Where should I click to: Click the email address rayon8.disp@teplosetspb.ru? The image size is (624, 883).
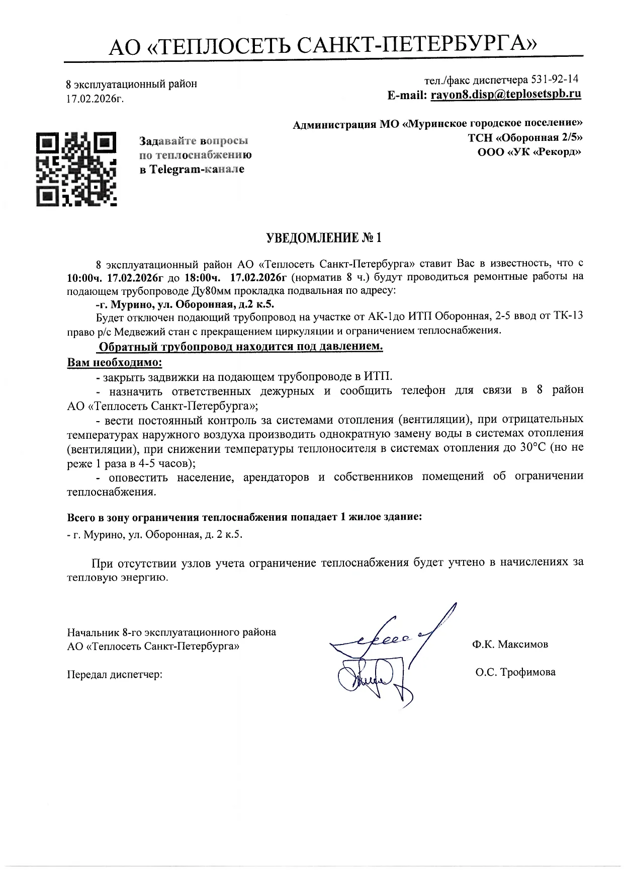click(x=506, y=94)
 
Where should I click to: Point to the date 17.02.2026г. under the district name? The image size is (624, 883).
click(x=95, y=99)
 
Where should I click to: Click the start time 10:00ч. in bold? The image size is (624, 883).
click(x=86, y=277)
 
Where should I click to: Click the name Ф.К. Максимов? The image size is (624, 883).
click(x=510, y=645)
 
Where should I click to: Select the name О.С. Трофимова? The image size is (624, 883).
click(x=515, y=672)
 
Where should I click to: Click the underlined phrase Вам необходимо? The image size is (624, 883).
click(x=115, y=362)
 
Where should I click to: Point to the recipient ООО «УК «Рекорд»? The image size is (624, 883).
click(x=529, y=151)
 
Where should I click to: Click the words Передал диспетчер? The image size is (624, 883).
click(x=115, y=674)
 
